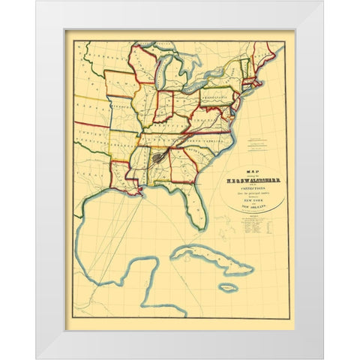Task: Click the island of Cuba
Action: point(202,259)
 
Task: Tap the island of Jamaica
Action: point(228,286)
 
